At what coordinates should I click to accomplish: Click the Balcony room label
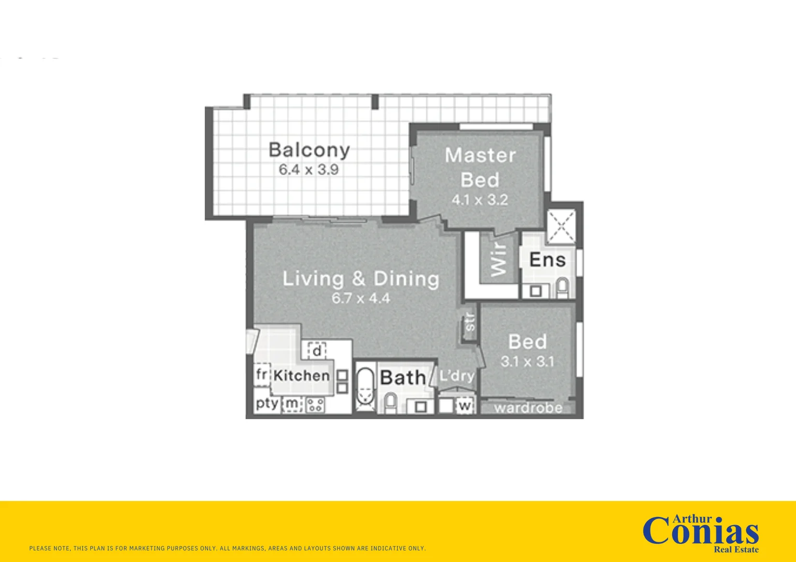click(309, 150)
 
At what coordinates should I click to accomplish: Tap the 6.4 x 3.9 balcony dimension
click(308, 170)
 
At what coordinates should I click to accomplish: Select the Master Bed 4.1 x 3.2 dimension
click(479, 200)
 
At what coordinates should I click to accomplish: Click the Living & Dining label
click(361, 279)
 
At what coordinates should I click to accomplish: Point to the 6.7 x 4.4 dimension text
click(361, 298)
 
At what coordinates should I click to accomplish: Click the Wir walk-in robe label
click(499, 260)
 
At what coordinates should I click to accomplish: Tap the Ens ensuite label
click(547, 260)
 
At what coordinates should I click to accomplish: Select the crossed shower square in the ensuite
click(561, 227)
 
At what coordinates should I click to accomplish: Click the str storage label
click(470, 322)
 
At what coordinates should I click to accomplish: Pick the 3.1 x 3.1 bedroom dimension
click(527, 362)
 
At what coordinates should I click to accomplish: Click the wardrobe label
click(528, 408)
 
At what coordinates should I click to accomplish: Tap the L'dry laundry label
click(457, 376)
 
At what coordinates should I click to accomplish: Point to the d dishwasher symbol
click(317, 351)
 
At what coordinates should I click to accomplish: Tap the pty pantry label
click(267, 404)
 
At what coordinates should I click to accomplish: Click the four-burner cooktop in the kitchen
click(315, 405)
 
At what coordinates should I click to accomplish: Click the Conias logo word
click(700, 533)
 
